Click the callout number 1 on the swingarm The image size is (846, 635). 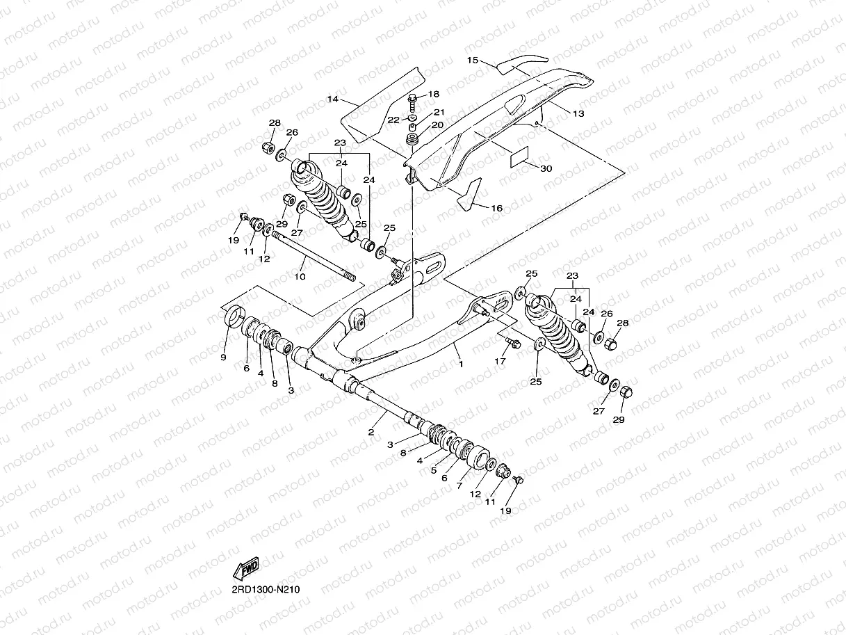pyautogui.click(x=459, y=362)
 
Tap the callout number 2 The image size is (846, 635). pyautogui.click(x=371, y=432)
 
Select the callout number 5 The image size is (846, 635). pyautogui.click(x=434, y=470)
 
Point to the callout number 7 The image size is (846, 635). pyautogui.click(x=459, y=486)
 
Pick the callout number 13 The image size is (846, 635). pyautogui.click(x=578, y=113)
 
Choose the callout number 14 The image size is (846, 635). pyautogui.click(x=333, y=99)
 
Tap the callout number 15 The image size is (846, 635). pyautogui.click(x=472, y=61)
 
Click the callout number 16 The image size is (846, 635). pyautogui.click(x=497, y=208)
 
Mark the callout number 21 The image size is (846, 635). pyautogui.click(x=439, y=112)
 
